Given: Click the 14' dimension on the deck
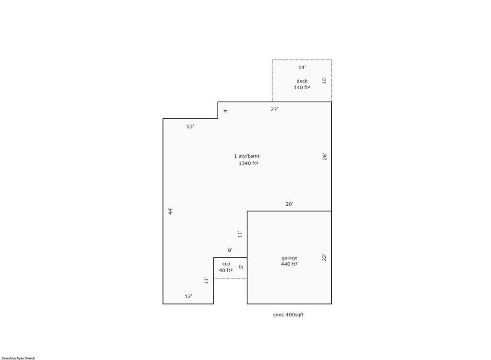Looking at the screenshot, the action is tap(302, 67).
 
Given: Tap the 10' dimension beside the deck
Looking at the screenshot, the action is tap(325, 81).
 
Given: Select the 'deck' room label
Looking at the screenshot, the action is tap(302, 81).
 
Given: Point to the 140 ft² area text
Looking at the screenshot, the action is tap(302, 87).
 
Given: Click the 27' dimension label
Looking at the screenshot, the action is tap(275, 109).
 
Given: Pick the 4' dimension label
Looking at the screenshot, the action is tap(225, 111).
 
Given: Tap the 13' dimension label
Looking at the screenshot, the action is tap(190, 127).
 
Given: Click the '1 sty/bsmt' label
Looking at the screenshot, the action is tap(247, 156).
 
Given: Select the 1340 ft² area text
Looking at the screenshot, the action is tap(248, 163).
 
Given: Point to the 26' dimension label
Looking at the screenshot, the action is tap(325, 157).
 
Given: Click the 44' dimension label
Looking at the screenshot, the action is tap(171, 211).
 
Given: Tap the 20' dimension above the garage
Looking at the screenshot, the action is tap(289, 204).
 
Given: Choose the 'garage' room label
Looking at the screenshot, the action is tap(289, 258).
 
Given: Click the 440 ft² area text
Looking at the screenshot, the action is tap(289, 264).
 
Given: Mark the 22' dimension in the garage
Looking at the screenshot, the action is tap(325, 257).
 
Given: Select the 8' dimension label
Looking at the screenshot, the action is tap(230, 250).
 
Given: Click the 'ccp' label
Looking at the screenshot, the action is tap(226, 264).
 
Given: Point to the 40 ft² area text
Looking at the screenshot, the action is tap(225, 270).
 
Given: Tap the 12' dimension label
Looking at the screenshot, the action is tap(188, 296).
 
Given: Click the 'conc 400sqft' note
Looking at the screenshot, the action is tap(288, 314).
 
